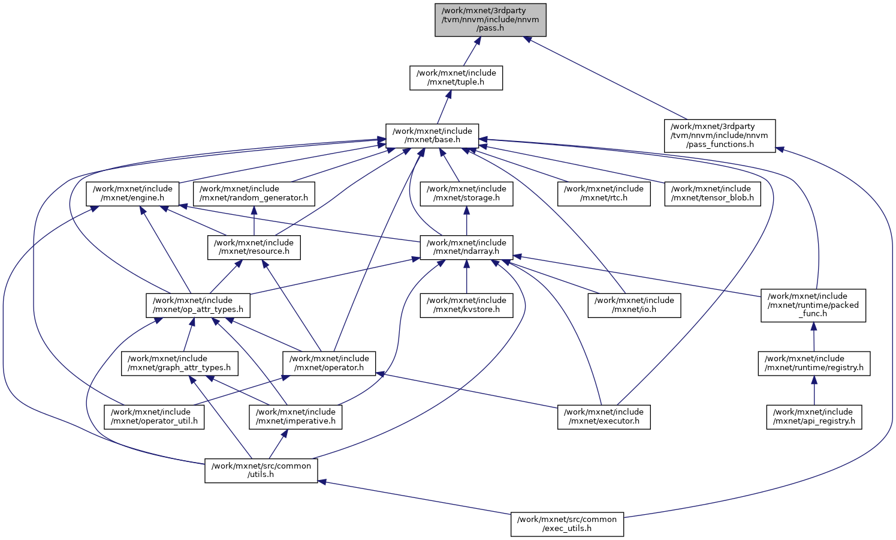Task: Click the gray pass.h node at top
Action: coord(490,20)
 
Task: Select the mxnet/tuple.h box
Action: coord(456,78)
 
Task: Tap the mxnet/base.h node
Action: coord(432,136)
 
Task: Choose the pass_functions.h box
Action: coord(719,136)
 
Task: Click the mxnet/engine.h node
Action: coord(132,193)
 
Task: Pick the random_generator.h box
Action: coord(254,193)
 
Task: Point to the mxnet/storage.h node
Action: coord(466,193)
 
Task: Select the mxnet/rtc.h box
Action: coord(604,193)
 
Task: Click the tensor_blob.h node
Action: coord(713,193)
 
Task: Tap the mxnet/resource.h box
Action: coord(254,247)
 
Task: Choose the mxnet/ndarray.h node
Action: coord(466,247)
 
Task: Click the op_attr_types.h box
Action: coord(198,305)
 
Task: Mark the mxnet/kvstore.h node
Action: coord(466,305)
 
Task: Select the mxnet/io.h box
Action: coord(634,305)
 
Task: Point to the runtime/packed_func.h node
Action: coord(813,305)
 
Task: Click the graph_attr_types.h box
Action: coord(180,363)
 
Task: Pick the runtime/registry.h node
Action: coord(814,363)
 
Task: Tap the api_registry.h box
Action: coord(814,416)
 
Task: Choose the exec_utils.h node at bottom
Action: coord(567,524)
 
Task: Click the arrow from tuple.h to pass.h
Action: coord(471,50)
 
